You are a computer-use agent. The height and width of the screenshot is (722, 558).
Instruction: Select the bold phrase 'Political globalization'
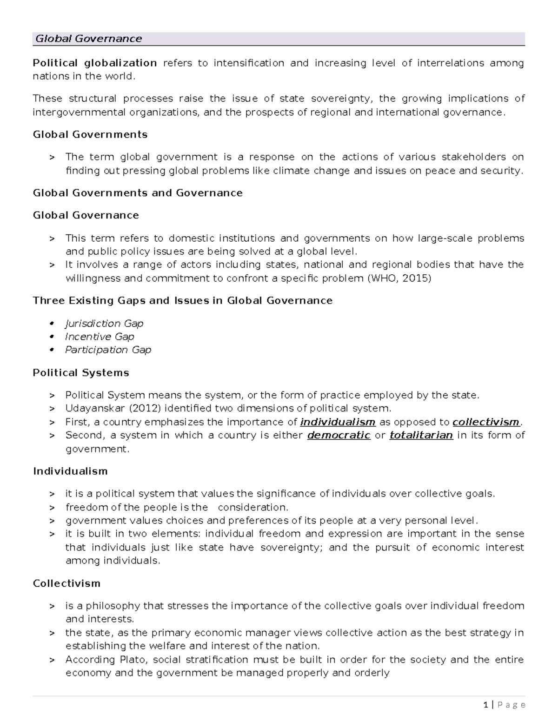(95, 63)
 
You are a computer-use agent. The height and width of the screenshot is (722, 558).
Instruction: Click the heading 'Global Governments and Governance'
(138, 193)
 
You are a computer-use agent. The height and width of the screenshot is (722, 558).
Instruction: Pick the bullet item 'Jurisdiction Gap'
(104, 324)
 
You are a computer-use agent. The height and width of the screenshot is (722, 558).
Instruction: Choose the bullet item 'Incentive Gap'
(100, 337)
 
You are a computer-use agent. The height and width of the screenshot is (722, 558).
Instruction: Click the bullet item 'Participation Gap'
(108, 350)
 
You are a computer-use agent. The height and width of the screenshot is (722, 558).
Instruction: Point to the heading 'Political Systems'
(81, 373)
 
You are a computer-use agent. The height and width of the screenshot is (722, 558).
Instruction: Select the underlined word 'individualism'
(338, 422)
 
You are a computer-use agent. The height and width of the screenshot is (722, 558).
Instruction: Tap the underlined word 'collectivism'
(485, 422)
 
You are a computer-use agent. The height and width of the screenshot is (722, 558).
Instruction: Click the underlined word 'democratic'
(339, 436)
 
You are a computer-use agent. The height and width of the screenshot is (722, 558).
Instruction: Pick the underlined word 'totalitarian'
(421, 436)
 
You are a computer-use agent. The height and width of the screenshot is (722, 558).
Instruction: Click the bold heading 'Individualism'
(70, 471)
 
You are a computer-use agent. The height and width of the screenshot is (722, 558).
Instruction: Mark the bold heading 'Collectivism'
(66, 583)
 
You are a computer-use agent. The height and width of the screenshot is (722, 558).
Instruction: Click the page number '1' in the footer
(485, 705)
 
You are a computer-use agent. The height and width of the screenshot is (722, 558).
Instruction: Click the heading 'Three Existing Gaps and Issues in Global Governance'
(182, 301)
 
